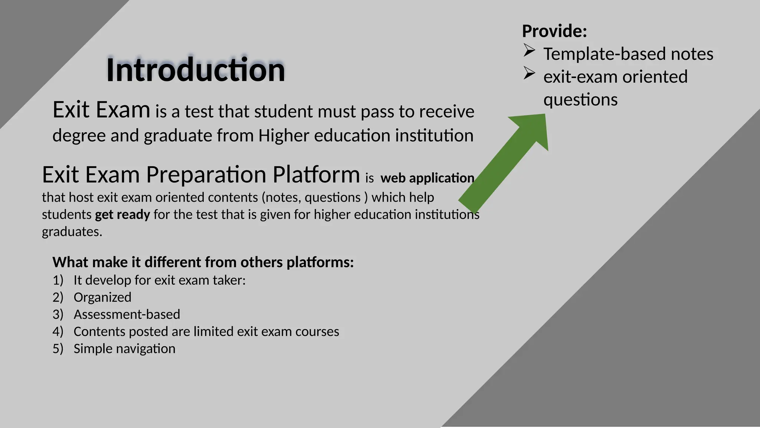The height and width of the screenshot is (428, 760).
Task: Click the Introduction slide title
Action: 196,70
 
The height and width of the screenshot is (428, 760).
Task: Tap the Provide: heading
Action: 554,31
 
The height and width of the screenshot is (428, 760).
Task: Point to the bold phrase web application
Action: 427,178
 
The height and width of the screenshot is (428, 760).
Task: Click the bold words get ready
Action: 122,215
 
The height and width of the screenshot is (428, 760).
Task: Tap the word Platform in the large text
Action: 316,175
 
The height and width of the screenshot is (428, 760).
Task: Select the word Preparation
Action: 206,175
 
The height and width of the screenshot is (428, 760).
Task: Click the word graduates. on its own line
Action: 72,232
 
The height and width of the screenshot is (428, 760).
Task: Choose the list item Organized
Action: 102,297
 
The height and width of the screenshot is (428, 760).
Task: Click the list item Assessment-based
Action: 127,314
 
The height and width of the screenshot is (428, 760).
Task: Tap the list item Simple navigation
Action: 124,349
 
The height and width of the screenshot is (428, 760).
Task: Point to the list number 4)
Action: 58,331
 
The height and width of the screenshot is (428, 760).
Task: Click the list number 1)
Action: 58,280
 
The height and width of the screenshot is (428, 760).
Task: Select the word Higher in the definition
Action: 284,136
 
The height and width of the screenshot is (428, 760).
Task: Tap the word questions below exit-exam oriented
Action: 580,100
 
